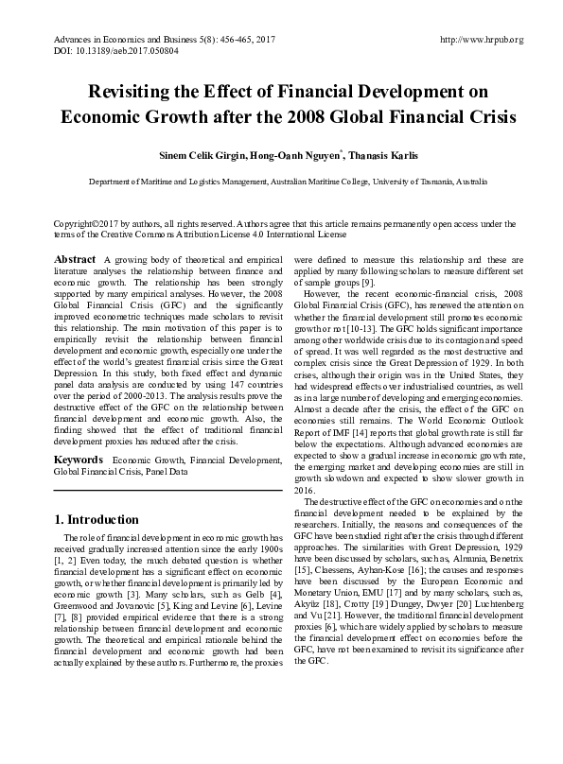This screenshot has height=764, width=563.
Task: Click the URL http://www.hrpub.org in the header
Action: [x=482, y=40]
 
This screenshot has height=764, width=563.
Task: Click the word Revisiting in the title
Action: [x=132, y=93]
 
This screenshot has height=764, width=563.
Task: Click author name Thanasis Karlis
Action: [x=385, y=154]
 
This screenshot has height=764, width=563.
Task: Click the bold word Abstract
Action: [x=75, y=260]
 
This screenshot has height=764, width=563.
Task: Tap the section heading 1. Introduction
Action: [x=97, y=520]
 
